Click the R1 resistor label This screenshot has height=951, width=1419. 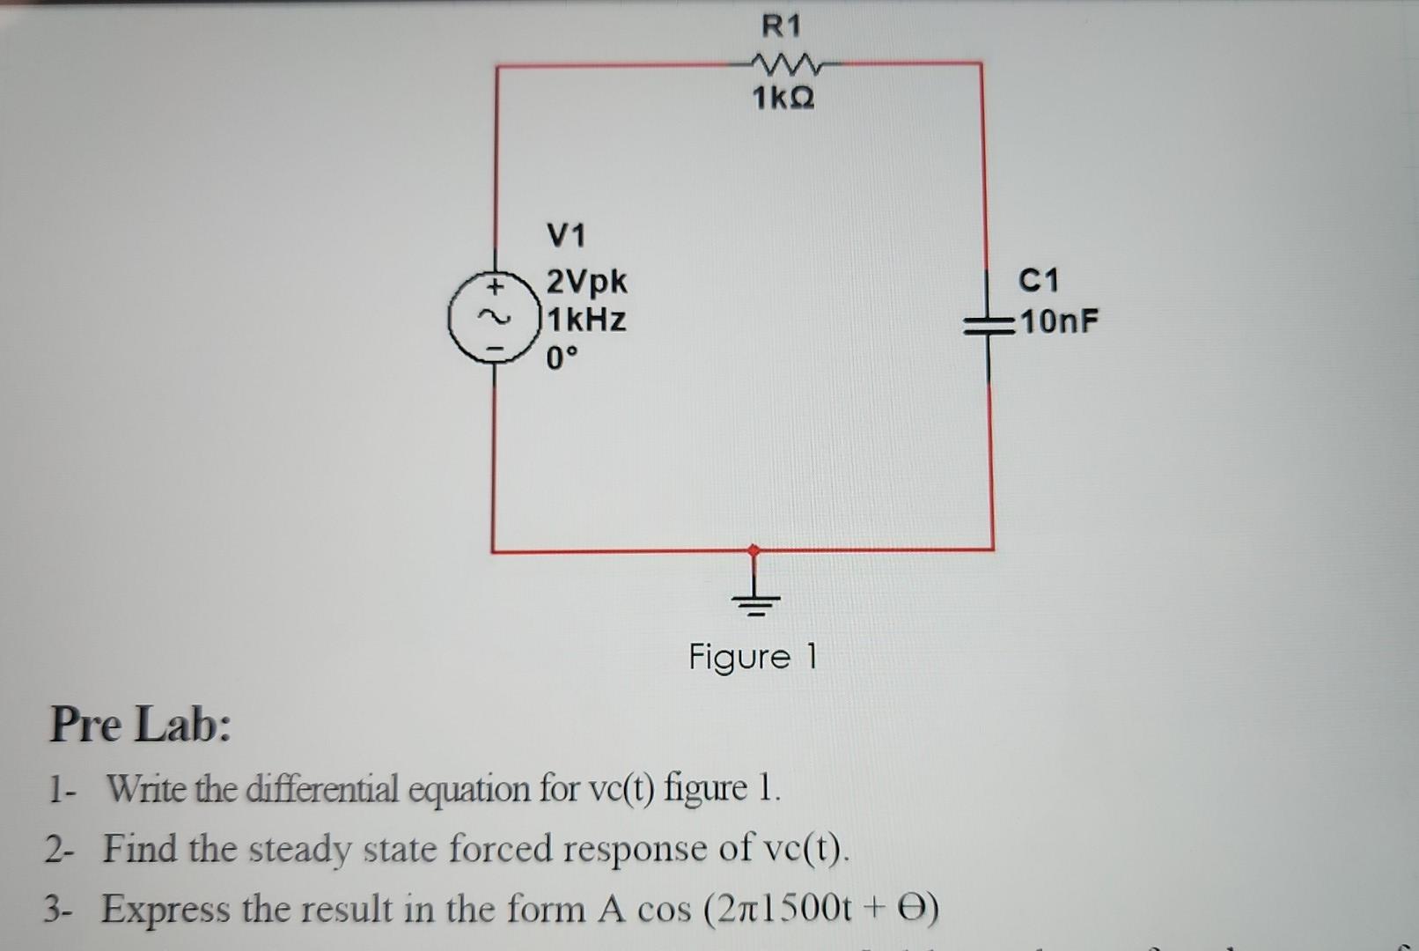(781, 26)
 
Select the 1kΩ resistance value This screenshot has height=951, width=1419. (783, 98)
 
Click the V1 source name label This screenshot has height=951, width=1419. (566, 235)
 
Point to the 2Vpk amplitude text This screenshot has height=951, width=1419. (587, 282)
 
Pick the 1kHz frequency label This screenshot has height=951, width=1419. (587, 319)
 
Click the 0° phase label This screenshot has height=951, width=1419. (562, 358)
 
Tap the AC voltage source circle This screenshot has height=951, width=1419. (493, 318)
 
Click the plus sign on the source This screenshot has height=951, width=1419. (496, 286)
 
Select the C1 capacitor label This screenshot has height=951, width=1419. (1039, 280)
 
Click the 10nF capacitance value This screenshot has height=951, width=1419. (1060, 321)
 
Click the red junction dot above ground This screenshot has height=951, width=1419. (754, 550)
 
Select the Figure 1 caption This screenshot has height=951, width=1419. (753, 657)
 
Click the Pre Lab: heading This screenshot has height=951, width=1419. (141, 725)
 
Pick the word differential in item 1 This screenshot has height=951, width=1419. (322, 788)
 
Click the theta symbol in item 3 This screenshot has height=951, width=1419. (912, 907)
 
